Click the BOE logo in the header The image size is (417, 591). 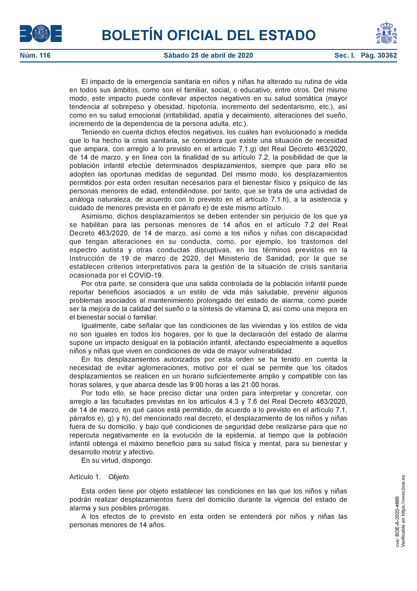pyautogui.click(x=41, y=33)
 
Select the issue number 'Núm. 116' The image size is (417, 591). pyautogui.click(x=35, y=55)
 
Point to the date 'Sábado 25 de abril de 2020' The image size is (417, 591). pyautogui.click(x=208, y=55)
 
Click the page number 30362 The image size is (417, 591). pyautogui.click(x=387, y=55)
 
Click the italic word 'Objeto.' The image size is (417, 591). pyautogui.click(x=119, y=477)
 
